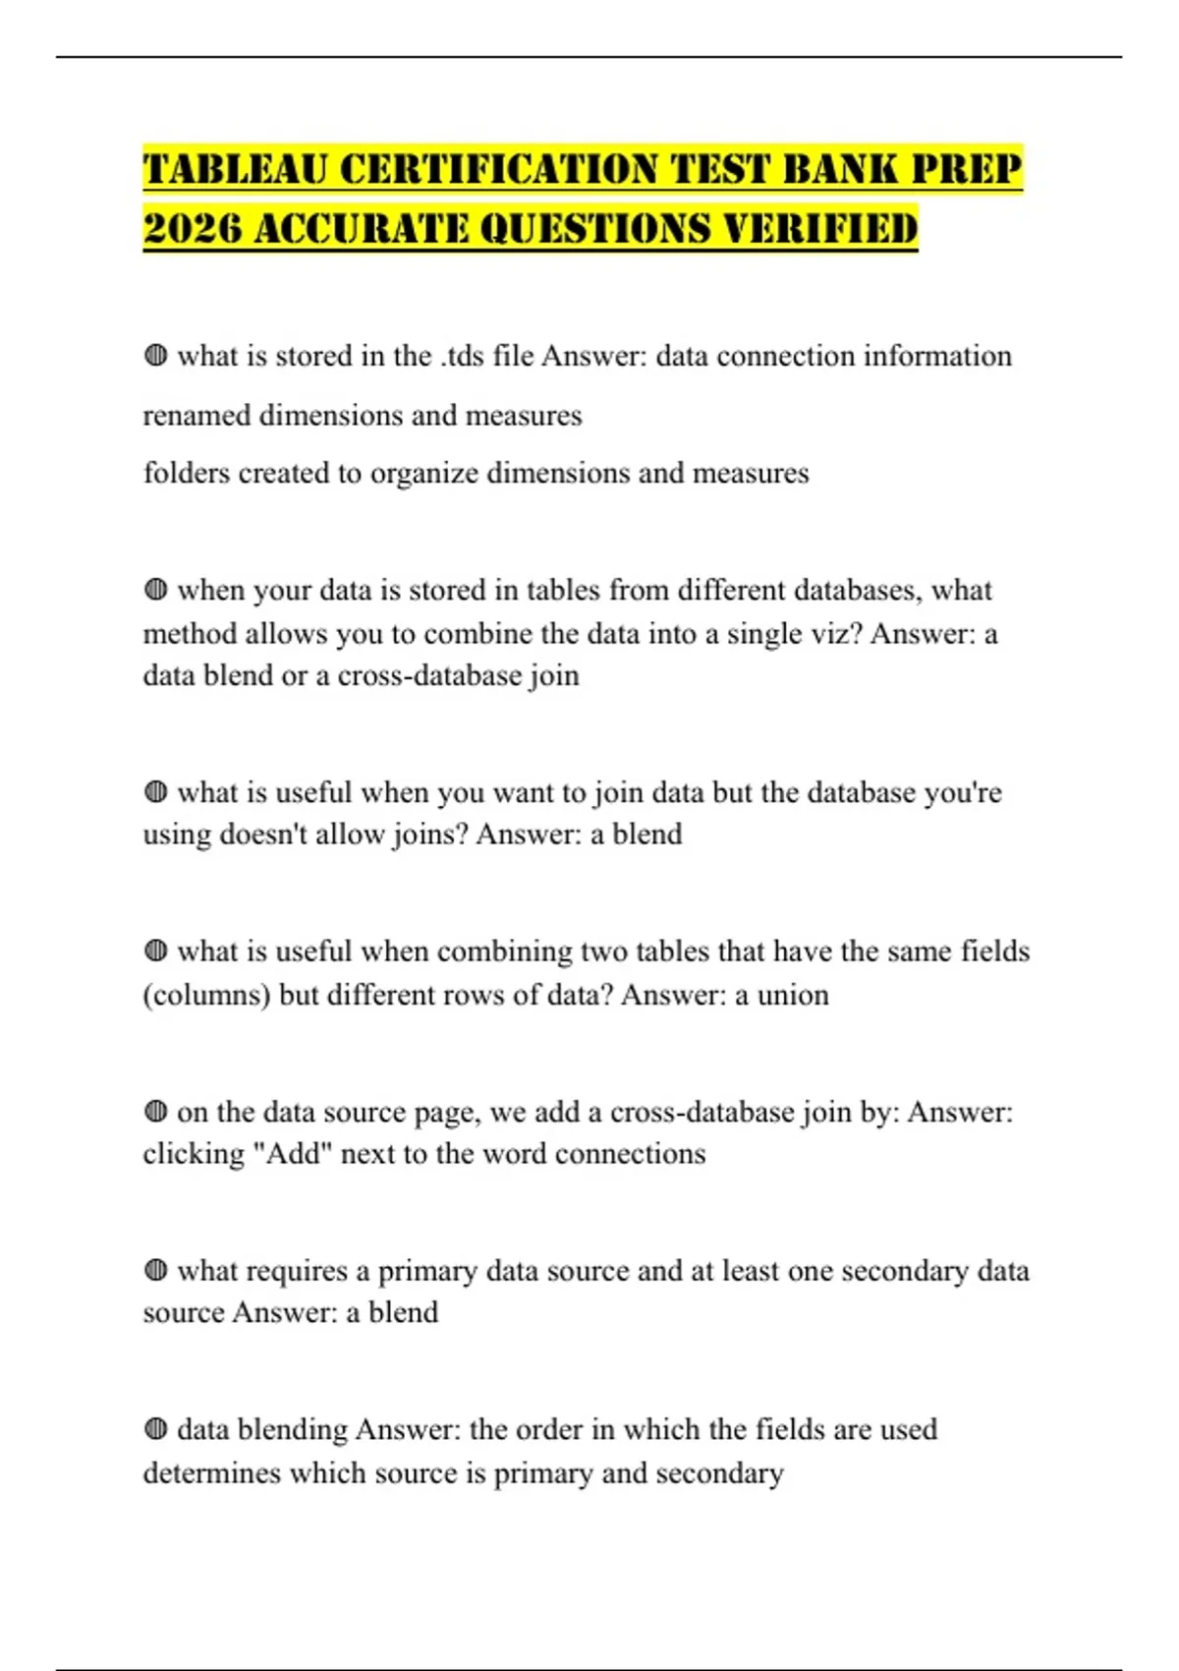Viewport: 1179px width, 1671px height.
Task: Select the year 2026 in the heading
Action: tap(192, 229)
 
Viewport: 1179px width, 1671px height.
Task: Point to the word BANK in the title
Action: tap(840, 169)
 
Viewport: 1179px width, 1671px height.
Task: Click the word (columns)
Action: tap(206, 995)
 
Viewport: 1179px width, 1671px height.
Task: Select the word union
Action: tap(793, 995)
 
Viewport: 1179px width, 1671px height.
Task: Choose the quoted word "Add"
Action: tap(292, 1153)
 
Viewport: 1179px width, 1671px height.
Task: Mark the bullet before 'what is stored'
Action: tap(155, 355)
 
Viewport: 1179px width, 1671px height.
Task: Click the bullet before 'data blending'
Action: tap(155, 1428)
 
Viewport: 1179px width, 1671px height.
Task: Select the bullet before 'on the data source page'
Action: tap(155, 1111)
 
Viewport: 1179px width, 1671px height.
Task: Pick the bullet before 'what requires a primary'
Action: tap(155, 1270)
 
